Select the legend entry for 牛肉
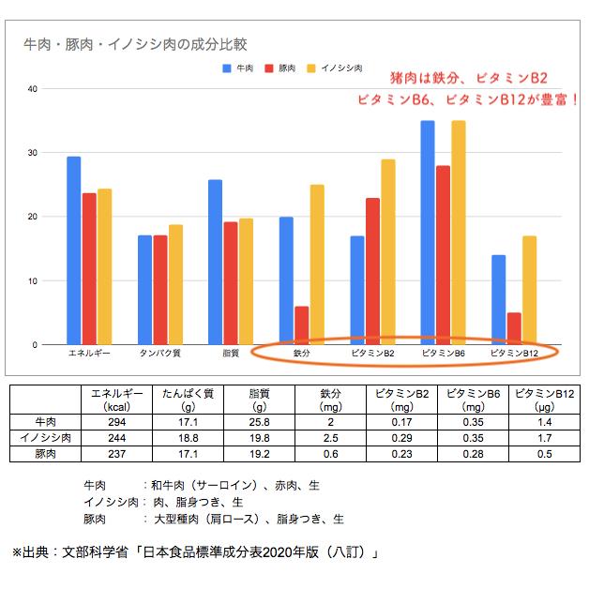(x=238, y=68)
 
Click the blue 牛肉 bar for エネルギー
(x=73, y=250)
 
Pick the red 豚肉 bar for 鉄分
(x=301, y=325)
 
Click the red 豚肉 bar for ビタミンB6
(x=443, y=255)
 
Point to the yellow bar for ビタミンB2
(x=387, y=251)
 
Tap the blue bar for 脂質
(x=215, y=263)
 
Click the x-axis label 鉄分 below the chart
(x=301, y=354)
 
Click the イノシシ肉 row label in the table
(x=43, y=438)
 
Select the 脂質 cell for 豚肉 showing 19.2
(x=257, y=453)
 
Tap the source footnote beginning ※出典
(x=194, y=552)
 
